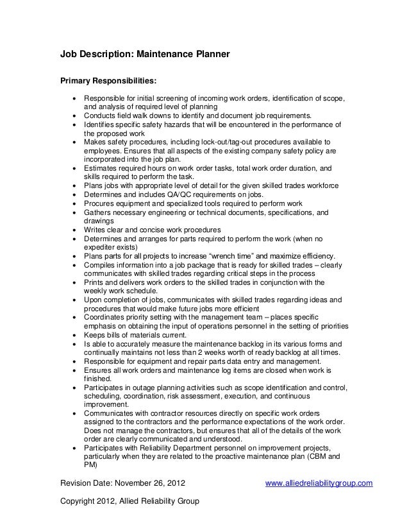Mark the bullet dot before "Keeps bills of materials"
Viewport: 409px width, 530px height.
point(76,334)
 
